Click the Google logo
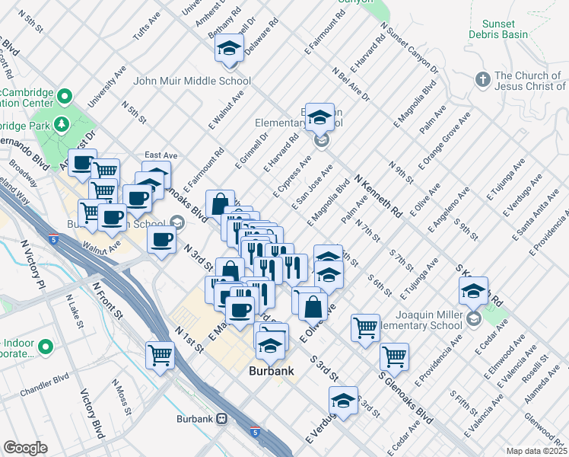(25, 448)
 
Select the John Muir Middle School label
(192, 81)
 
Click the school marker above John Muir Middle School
(227, 50)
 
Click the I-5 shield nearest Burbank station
(255, 431)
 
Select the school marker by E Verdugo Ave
(343, 401)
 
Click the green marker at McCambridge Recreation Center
(65, 96)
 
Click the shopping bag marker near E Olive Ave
(313, 307)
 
